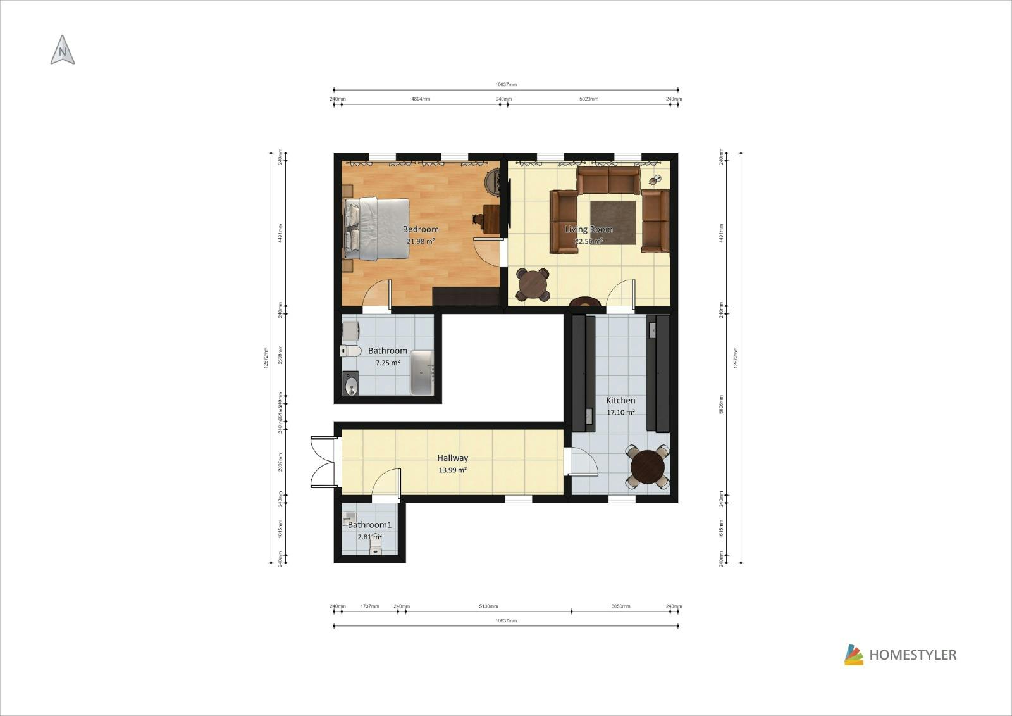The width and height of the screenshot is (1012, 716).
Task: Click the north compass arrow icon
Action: point(62,50)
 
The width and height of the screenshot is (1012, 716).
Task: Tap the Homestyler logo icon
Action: point(853,655)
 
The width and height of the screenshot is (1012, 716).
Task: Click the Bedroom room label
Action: point(421,229)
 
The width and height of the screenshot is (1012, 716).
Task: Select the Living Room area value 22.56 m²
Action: point(588,241)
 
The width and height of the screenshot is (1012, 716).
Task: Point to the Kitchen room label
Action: point(620,400)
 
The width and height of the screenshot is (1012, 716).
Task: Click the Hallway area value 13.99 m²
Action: point(452,470)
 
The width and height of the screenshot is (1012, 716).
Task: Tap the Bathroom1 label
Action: point(369,525)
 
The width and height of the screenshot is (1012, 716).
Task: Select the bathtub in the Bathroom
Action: point(422,372)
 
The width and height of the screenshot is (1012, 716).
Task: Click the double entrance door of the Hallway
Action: point(324,462)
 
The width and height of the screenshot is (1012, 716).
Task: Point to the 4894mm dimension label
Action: point(421,99)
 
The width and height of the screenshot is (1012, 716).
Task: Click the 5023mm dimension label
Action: point(589,99)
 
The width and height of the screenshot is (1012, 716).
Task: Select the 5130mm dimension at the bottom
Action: point(488,606)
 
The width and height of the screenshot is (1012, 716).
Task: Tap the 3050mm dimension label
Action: point(620,606)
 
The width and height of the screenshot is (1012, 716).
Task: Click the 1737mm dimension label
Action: point(370,606)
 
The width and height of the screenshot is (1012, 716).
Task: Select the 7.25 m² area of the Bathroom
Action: point(387,363)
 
